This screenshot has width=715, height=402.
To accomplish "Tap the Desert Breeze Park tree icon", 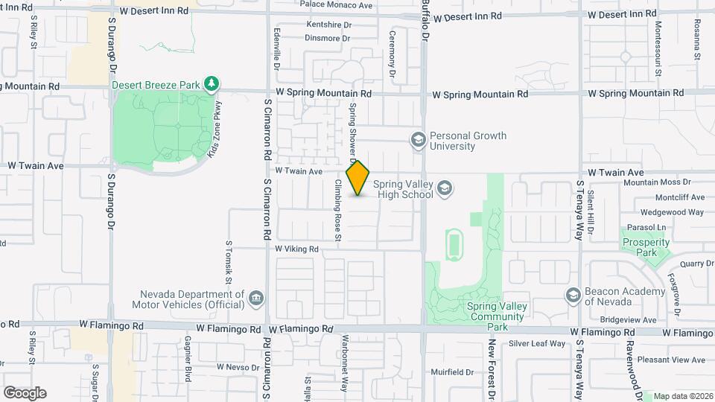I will click(212, 83).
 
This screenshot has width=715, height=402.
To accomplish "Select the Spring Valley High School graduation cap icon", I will click(445, 188).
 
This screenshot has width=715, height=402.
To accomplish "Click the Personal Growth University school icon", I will click(418, 139).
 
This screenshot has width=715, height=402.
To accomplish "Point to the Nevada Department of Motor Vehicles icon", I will click(256, 299).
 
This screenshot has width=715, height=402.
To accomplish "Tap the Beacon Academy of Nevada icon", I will click(573, 296).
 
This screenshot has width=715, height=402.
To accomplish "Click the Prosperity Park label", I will click(641, 247).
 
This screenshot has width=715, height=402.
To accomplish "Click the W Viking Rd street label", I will click(296, 249).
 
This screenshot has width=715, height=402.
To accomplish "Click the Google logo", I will click(25, 392).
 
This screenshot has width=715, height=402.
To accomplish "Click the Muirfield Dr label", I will click(452, 371).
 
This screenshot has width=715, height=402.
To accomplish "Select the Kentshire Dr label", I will click(328, 25).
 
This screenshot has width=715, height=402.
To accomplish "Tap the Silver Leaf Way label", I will click(537, 343).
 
